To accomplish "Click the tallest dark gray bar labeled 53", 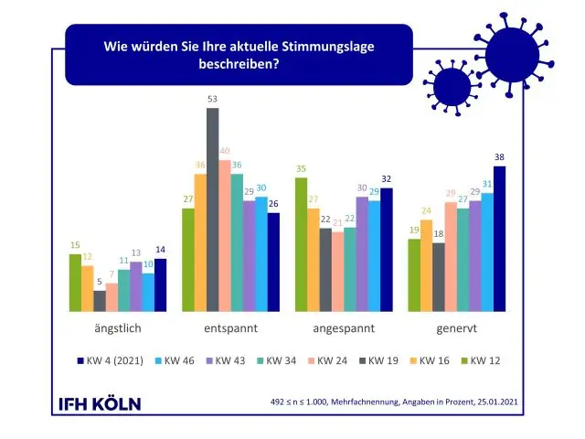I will coord(213,210).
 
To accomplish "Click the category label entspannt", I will coord(230,327).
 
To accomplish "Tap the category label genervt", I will coord(456,327).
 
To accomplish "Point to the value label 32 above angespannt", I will coord(386,179).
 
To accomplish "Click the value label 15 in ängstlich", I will coord(75,245).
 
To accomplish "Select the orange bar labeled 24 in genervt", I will coord(426,278).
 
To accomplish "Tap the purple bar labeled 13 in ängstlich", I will coord(136,287).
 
